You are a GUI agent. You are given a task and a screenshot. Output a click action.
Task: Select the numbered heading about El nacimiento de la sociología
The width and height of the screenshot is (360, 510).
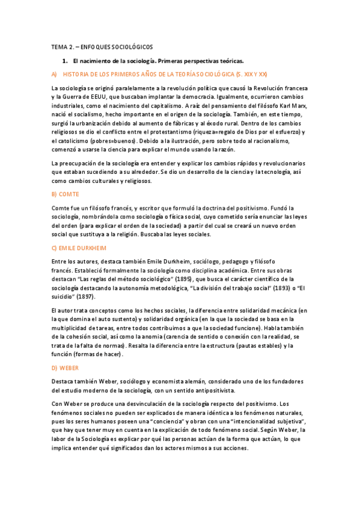point(158,61)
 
